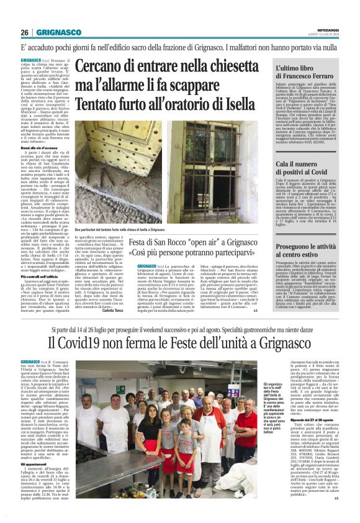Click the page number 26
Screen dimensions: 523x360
24,32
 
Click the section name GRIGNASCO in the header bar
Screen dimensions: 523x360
58,32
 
